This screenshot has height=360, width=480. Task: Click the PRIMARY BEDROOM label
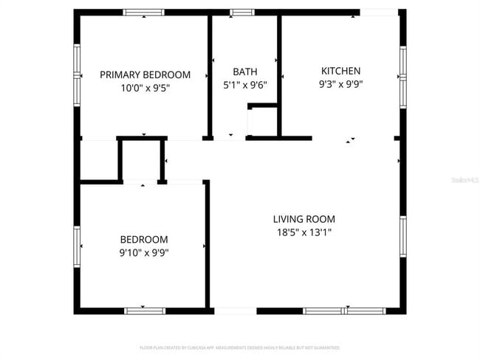pyautogui.click(x=145, y=75)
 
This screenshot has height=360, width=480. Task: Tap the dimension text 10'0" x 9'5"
pyautogui.click(x=145, y=87)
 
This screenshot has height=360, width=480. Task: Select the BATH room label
pyautogui.click(x=245, y=72)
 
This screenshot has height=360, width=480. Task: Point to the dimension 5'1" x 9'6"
pyautogui.click(x=245, y=84)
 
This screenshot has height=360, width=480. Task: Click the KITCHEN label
pyautogui.click(x=340, y=71)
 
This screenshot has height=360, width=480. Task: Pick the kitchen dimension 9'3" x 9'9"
pyautogui.click(x=340, y=83)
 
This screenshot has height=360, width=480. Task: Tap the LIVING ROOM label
pyautogui.click(x=304, y=219)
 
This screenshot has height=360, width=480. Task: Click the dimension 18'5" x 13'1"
pyautogui.click(x=304, y=232)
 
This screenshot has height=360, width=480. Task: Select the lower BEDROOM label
pyautogui.click(x=144, y=240)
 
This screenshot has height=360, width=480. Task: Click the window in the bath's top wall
pyautogui.click(x=241, y=13)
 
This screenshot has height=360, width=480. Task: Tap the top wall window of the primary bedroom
pyautogui.click(x=144, y=13)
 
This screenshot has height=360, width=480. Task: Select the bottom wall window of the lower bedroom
pyautogui.click(x=145, y=311)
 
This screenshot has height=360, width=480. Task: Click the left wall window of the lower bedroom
pyautogui.click(x=77, y=246)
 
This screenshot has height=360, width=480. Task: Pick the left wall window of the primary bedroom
pyautogui.click(x=77, y=75)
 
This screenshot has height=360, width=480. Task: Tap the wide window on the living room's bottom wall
pyautogui.click(x=344, y=311)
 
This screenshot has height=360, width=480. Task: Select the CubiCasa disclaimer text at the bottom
pyautogui.click(x=239, y=347)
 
